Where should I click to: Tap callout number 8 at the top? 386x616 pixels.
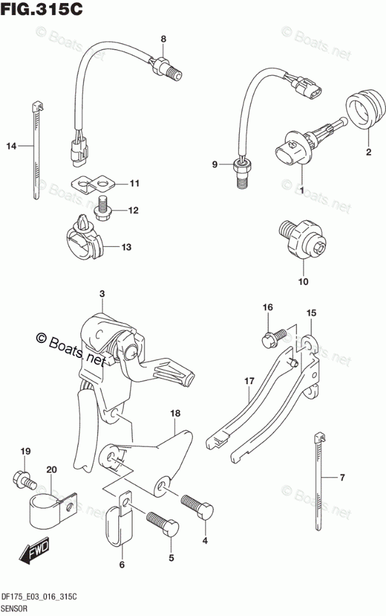click(163, 39)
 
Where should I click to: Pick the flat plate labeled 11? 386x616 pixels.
click(93, 183)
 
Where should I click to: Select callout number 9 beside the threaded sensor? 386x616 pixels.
click(215, 165)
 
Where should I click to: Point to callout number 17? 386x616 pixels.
click(248, 380)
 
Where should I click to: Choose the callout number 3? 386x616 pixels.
click(102, 293)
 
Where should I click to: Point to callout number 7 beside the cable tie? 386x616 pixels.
click(341, 478)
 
